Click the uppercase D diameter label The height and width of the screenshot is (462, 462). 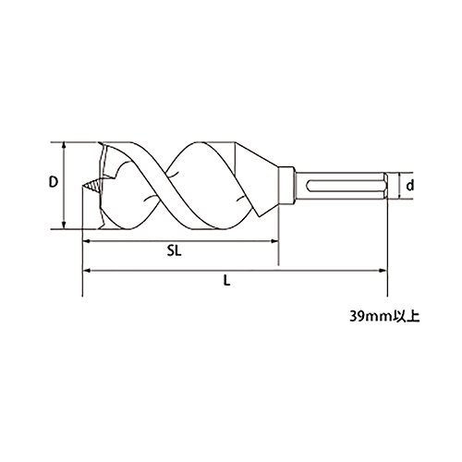54,182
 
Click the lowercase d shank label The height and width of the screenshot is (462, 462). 409,186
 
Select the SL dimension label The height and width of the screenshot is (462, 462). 175,250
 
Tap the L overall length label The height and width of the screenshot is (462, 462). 227,280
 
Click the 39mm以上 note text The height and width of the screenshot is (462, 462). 384,317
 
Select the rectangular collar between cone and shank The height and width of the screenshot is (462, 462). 286,186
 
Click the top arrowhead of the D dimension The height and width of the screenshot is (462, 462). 64,145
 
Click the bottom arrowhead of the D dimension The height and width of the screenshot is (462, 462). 64,225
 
